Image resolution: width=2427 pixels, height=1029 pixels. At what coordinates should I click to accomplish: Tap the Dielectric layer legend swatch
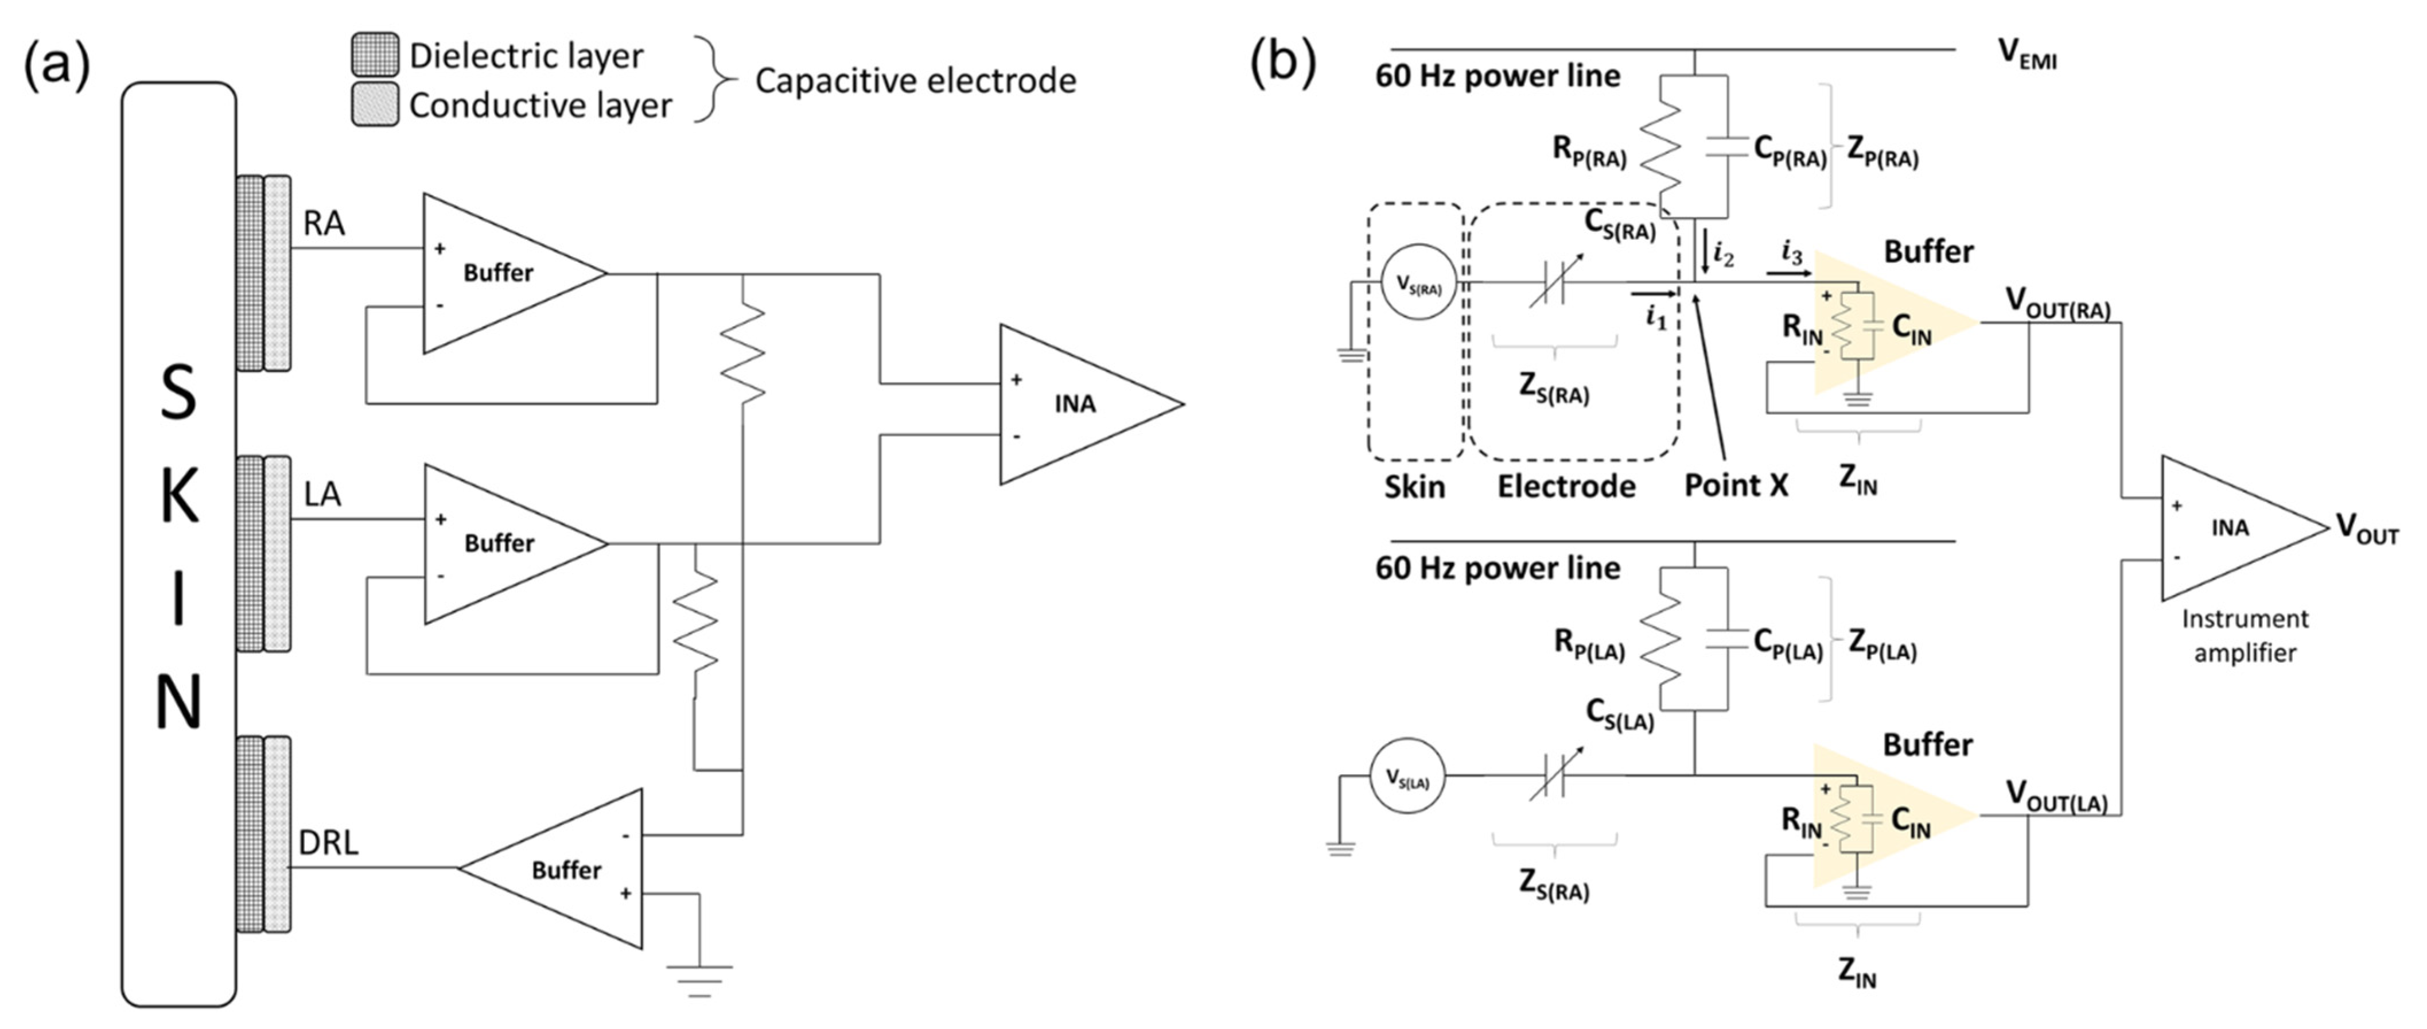tap(375, 56)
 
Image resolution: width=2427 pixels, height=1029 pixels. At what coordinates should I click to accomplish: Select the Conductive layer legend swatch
tap(375, 104)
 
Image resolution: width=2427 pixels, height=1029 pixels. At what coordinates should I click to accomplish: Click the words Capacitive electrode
tap(915, 81)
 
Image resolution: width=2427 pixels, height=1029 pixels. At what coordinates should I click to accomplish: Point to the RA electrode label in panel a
tap(324, 223)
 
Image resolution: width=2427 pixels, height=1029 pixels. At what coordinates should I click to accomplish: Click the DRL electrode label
tap(328, 842)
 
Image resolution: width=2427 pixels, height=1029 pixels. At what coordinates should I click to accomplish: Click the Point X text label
tap(1736, 486)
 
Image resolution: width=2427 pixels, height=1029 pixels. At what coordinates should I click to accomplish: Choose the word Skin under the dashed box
tap(1414, 487)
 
